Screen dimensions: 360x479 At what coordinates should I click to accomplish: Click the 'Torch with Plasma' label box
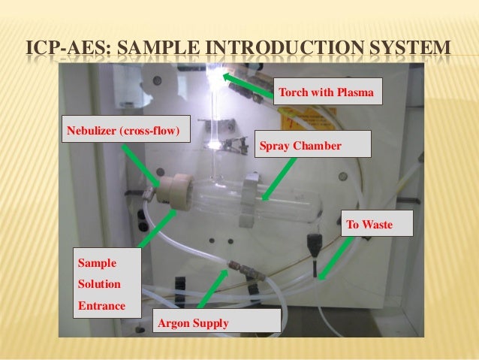coord(328,93)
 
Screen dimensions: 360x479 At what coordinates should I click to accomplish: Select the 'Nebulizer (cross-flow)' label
coord(125,131)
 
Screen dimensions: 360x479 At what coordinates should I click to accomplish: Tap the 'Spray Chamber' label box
coord(313,144)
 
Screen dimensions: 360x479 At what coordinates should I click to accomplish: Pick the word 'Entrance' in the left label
coord(101,307)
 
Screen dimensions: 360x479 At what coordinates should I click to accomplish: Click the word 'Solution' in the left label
coord(99,285)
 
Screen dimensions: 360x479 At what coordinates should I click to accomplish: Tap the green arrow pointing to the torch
coord(249,86)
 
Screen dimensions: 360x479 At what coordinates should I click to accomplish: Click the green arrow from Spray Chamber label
coord(279,178)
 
